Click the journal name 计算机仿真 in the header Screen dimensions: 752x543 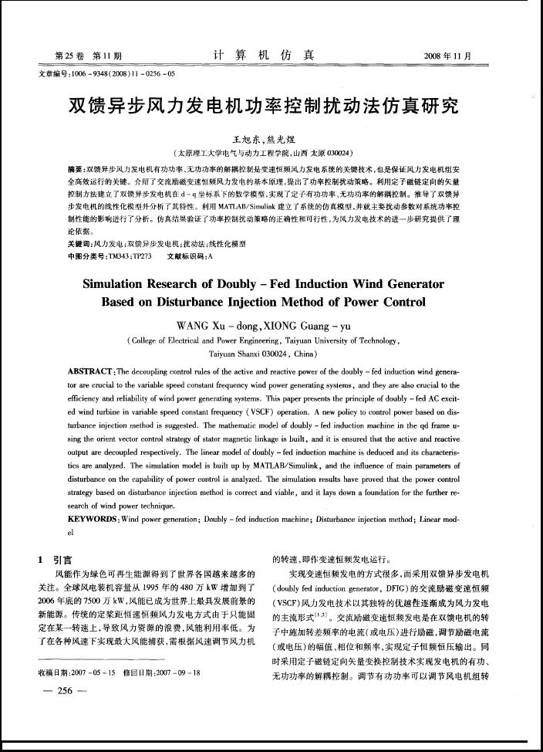point(264,55)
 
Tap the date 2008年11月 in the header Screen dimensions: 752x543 point(447,56)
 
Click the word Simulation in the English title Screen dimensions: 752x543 point(121,283)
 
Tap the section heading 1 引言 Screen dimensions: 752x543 point(55,560)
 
